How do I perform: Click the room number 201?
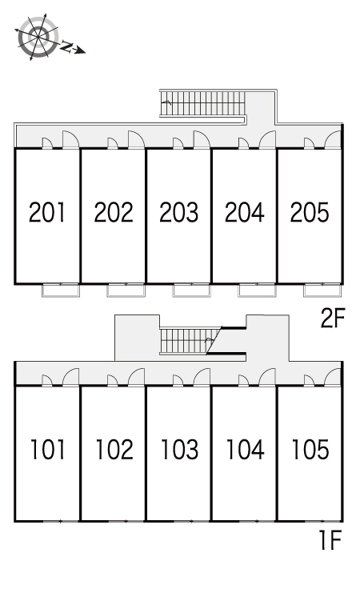47,212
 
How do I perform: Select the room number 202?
114,212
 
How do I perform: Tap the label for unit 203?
178,212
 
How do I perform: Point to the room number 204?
244,212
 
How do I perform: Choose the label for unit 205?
310,212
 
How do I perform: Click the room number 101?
48,450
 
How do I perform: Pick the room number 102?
114,450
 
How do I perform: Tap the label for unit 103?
180,450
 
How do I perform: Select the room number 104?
245,450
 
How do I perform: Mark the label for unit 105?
310,450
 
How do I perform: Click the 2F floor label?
333,319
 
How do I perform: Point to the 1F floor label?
330,540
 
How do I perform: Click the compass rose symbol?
38,38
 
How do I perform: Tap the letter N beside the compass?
67,47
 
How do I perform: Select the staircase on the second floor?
202,103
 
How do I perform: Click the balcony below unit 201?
61,290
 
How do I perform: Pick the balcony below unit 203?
191,290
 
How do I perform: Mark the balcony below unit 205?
322,290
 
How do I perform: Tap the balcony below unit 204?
257,290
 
